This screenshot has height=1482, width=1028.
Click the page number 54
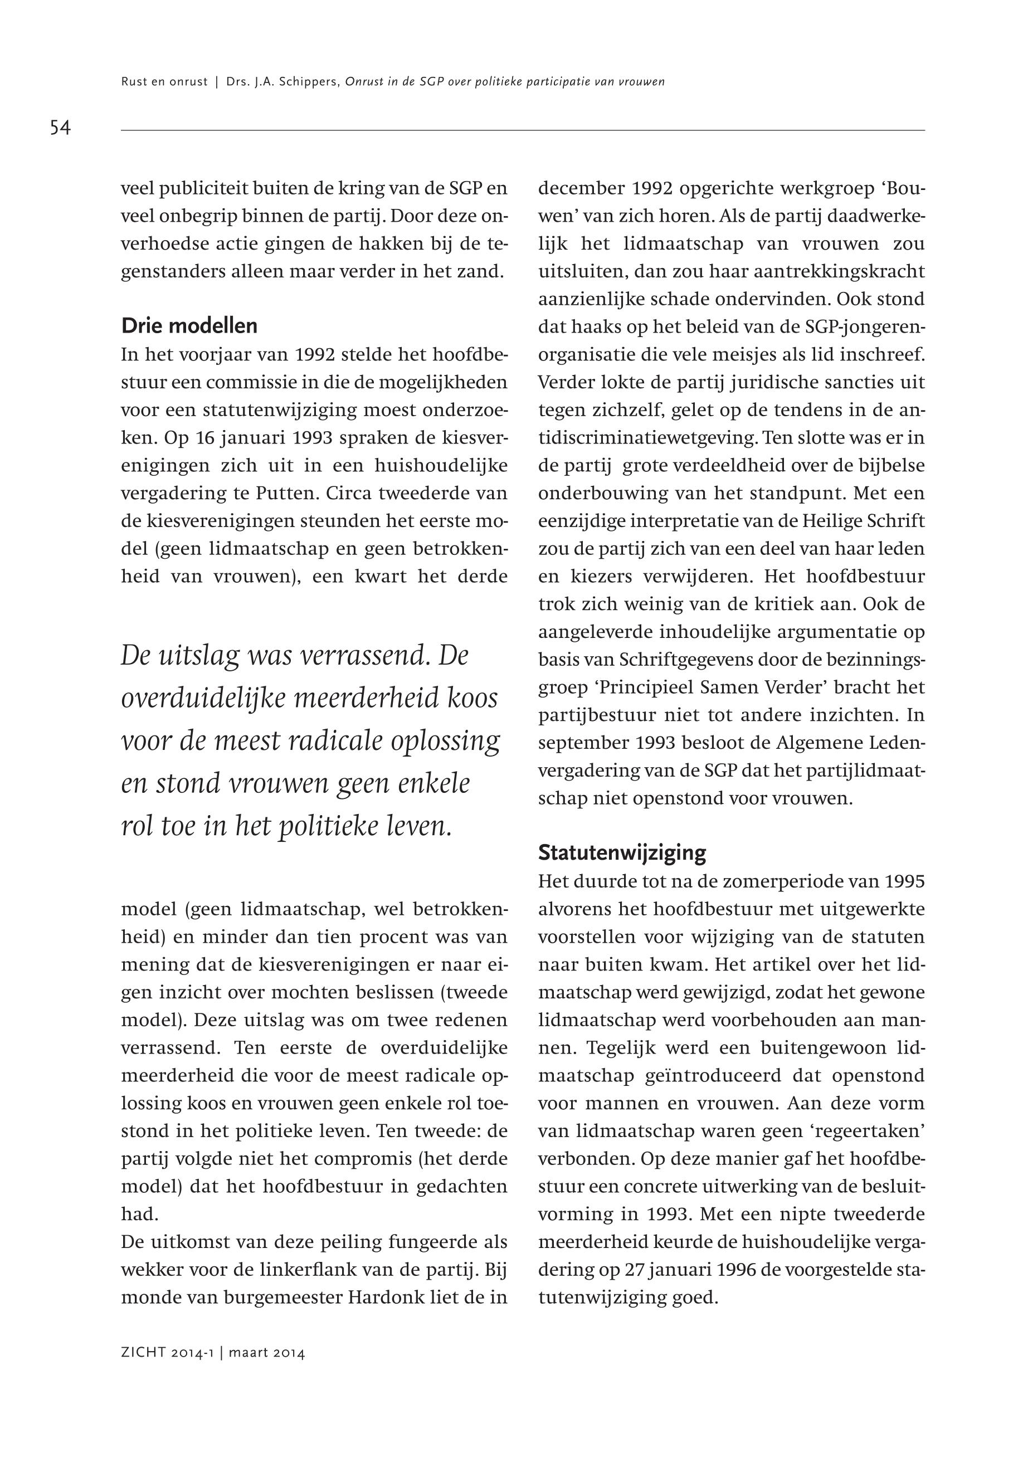[x=60, y=128]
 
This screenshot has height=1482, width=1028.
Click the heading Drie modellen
[x=189, y=326]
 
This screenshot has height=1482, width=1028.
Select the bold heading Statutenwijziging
[x=622, y=853]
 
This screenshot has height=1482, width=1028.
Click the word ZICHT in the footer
[x=144, y=1353]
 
